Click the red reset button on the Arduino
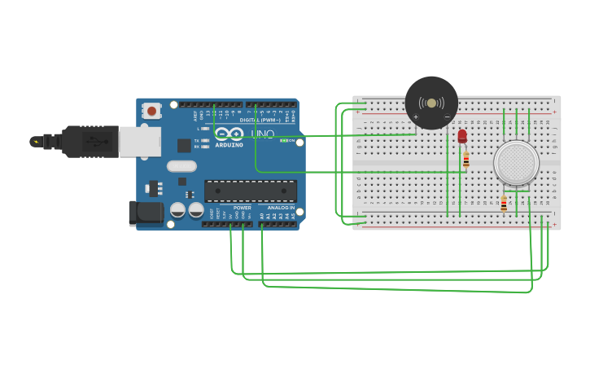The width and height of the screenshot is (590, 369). (x=151, y=110)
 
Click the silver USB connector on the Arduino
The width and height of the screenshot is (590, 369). (x=139, y=141)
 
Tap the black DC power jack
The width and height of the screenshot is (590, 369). (x=144, y=213)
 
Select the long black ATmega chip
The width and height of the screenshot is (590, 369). (x=250, y=191)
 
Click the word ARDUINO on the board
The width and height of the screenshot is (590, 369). (x=229, y=145)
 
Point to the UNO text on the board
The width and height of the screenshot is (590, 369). (x=262, y=134)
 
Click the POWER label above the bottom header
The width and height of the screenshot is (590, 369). (x=243, y=208)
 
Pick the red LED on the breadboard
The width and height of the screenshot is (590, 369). (x=462, y=135)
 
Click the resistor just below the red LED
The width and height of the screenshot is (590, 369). (x=465, y=160)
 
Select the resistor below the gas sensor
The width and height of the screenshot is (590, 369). (x=504, y=204)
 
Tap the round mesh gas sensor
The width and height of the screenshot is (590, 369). (x=516, y=163)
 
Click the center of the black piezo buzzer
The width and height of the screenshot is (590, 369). (x=431, y=103)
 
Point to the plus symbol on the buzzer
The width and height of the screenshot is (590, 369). (x=415, y=117)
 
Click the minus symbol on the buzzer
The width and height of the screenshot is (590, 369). (x=447, y=117)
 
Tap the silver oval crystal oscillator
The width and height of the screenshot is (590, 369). (x=181, y=165)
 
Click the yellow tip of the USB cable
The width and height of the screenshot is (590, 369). (x=35, y=142)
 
